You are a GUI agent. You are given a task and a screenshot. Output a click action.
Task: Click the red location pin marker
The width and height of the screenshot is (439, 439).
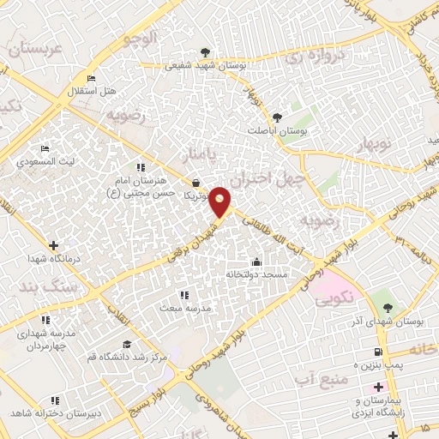tap(220, 201)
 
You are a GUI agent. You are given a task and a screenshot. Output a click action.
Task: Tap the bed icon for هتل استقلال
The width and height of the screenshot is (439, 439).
tap(92, 79)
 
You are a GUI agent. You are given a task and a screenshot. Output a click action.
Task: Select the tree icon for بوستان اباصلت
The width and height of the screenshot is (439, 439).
tap(276, 117)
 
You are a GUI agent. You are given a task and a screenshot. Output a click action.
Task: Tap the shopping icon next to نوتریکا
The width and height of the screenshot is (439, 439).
tap(198, 183)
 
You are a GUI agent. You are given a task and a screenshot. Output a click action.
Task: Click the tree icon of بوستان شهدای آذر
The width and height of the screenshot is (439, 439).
tap(388, 307)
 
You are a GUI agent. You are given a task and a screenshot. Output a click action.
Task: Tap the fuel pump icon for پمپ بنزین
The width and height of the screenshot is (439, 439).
tap(378, 352)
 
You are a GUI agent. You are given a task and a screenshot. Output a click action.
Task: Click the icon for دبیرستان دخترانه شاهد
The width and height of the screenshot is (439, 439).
tap(55, 400)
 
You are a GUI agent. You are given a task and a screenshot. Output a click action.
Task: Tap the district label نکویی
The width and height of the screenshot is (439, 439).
tap(334, 301)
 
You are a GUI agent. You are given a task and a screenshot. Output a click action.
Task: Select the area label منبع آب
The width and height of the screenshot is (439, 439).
tap(318, 376)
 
